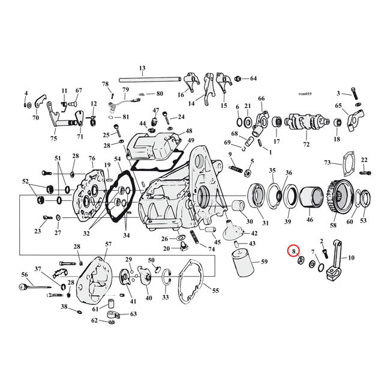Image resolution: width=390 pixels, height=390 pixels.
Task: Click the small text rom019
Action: coord(305,94)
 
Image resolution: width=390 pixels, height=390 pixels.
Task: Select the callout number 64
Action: coord(253,79)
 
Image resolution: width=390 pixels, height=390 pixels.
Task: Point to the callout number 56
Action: coord(25,274)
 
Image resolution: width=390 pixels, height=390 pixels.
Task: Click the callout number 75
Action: coord(53,139)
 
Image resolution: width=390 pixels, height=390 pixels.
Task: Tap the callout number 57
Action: coord(109,244)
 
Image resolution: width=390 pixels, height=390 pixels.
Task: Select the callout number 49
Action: coord(191,140)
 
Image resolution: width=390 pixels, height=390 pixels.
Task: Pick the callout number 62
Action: coord(94,320)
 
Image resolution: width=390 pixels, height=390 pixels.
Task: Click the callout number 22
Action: coord(364,160)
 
